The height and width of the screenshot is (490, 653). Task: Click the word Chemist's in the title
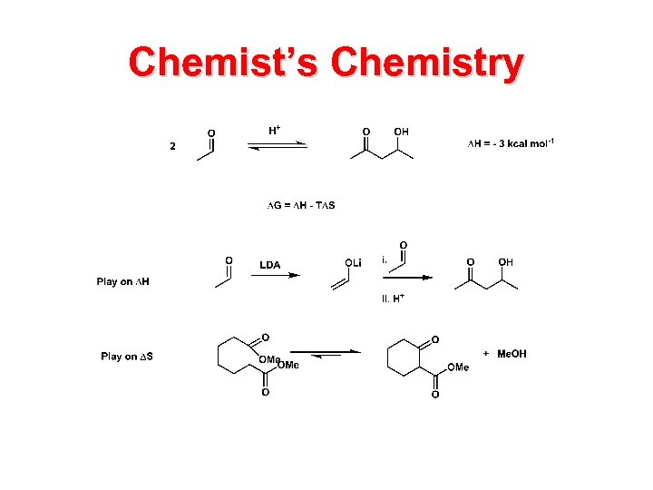pyautogui.click(x=223, y=64)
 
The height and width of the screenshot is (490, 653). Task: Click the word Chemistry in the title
pyautogui.click(x=427, y=64)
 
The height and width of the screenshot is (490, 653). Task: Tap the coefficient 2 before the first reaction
pyautogui.click(x=173, y=147)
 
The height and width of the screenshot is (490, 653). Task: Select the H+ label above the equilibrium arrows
pyautogui.click(x=274, y=131)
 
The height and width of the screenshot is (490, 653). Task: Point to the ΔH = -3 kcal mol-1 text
pyautogui.click(x=511, y=142)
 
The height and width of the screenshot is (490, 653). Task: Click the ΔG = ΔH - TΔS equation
pyautogui.click(x=301, y=205)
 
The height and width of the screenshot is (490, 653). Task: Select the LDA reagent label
pyautogui.click(x=270, y=265)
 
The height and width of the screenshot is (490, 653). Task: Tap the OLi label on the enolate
pyautogui.click(x=353, y=262)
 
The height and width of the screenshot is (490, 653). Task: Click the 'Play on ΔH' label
pyautogui.click(x=123, y=281)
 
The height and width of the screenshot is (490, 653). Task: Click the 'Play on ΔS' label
pyautogui.click(x=127, y=357)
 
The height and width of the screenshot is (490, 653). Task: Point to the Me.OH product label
pyautogui.click(x=512, y=354)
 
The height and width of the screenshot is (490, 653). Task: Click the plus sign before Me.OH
pyautogui.click(x=486, y=353)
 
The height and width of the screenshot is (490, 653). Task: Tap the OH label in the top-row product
pyautogui.click(x=401, y=132)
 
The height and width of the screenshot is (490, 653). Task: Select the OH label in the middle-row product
pyautogui.click(x=505, y=262)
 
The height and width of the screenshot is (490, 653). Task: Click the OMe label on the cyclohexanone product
pyautogui.click(x=458, y=367)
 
